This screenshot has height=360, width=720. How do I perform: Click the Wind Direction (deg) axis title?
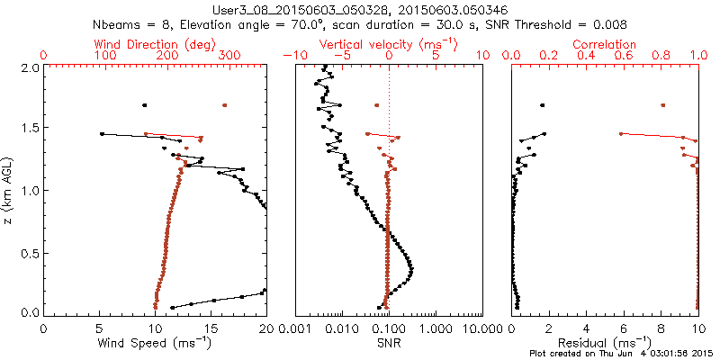tap(154, 44)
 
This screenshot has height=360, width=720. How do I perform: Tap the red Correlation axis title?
tap(605, 44)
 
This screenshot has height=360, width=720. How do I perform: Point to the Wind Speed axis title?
tap(155, 343)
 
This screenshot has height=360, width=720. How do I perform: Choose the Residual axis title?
tap(605, 343)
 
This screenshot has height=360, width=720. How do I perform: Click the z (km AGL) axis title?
tap(11, 190)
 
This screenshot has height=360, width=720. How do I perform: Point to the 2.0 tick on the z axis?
tap(29, 67)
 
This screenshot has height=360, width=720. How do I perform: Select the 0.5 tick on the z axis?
tap(29, 252)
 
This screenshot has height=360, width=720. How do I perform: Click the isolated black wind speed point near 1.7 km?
tap(144, 105)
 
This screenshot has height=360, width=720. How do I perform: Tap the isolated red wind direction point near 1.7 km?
tap(224, 105)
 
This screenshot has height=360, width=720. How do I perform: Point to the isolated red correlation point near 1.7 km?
tap(662, 105)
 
